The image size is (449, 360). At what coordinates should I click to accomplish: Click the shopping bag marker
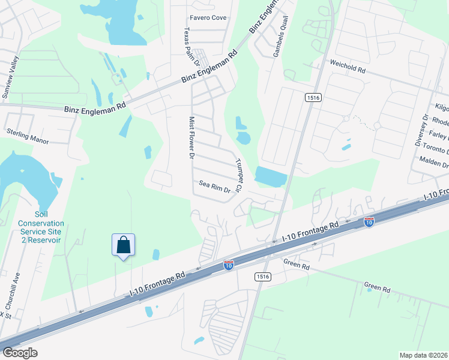pyautogui.click(x=123, y=245)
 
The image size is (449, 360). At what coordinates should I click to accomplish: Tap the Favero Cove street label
pyautogui.click(x=208, y=18)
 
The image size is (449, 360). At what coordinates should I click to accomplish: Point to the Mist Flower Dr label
pyautogui.click(x=192, y=137)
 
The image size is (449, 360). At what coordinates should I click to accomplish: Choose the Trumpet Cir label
pyautogui.click(x=238, y=176)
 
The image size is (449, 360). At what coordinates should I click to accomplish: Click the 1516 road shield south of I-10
pyautogui.click(x=263, y=277)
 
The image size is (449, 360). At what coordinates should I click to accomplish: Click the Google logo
pyautogui.click(x=20, y=352)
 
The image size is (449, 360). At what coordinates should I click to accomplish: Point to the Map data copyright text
pyautogui.click(x=423, y=355)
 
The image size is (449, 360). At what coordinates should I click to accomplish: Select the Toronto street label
pyautogui.click(x=435, y=148)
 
